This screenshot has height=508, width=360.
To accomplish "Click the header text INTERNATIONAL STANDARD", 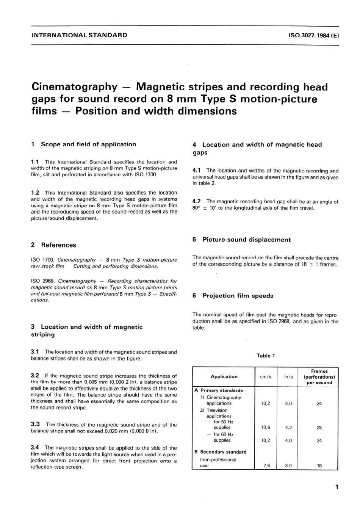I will coord(79,35).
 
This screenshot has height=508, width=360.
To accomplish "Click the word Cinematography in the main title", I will coord(74,87).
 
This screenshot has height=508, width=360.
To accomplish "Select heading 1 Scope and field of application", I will coord(83,144).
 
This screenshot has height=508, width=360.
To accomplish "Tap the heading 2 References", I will coord(53,245).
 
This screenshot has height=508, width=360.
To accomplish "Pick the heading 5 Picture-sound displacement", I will coord(241,240).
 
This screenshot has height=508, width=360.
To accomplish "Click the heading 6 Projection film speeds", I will coord(233,296).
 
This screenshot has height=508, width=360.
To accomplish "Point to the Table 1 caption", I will coord(266,356).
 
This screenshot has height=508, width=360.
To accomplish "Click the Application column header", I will coord(224,376).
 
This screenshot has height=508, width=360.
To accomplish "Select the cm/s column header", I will coord(266,377).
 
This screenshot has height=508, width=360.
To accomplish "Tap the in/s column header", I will coord(288,377).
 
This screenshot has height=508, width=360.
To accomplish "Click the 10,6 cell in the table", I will coord(266,428).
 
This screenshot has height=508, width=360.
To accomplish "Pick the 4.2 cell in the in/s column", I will coord(288,428).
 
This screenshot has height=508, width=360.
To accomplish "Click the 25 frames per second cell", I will coord(319,428).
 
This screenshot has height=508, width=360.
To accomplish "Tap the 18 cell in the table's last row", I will coord(319,466).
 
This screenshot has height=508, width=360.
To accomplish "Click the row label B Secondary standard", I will coord(220,452).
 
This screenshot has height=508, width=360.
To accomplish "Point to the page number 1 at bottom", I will coord(337,487).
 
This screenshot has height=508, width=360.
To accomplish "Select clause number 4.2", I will coord(197,201).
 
